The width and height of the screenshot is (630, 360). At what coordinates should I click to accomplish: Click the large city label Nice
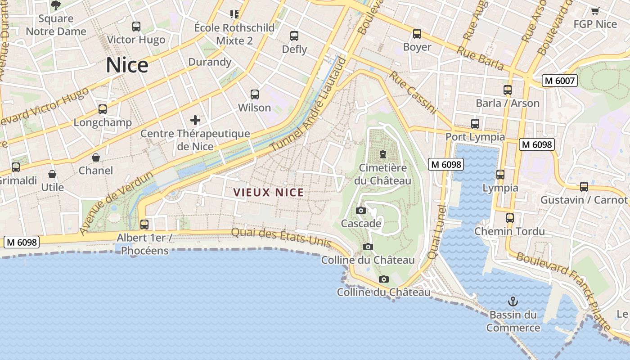click(x=127, y=65)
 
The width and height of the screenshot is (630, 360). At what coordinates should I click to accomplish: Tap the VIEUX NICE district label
click(x=269, y=193)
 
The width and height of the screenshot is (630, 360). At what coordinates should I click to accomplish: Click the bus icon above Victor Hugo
click(x=136, y=27)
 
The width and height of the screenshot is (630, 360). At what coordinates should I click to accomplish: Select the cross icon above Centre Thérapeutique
click(x=195, y=120)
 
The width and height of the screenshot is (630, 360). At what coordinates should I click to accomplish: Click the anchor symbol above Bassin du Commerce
click(x=512, y=301)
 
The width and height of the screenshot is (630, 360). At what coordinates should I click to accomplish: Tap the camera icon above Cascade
click(x=360, y=210)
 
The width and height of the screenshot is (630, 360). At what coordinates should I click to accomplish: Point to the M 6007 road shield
click(x=559, y=81)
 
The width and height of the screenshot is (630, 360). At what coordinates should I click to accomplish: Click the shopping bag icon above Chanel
click(x=96, y=157)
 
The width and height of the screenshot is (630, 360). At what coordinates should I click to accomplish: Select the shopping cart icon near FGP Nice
click(x=595, y=11)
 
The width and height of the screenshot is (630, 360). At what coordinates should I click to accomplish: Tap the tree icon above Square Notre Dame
click(x=56, y=5)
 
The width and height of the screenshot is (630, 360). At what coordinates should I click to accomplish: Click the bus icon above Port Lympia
click(x=475, y=124)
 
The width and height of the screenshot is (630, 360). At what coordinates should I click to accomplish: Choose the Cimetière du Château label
click(x=383, y=174)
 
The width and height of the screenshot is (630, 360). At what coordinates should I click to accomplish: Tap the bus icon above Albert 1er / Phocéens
click(x=144, y=224)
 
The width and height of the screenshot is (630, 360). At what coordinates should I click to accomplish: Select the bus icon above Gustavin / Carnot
click(x=584, y=186)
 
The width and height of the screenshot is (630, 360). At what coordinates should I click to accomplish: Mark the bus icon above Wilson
click(x=255, y=94)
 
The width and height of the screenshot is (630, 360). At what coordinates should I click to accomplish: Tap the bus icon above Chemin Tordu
click(x=510, y=218)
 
